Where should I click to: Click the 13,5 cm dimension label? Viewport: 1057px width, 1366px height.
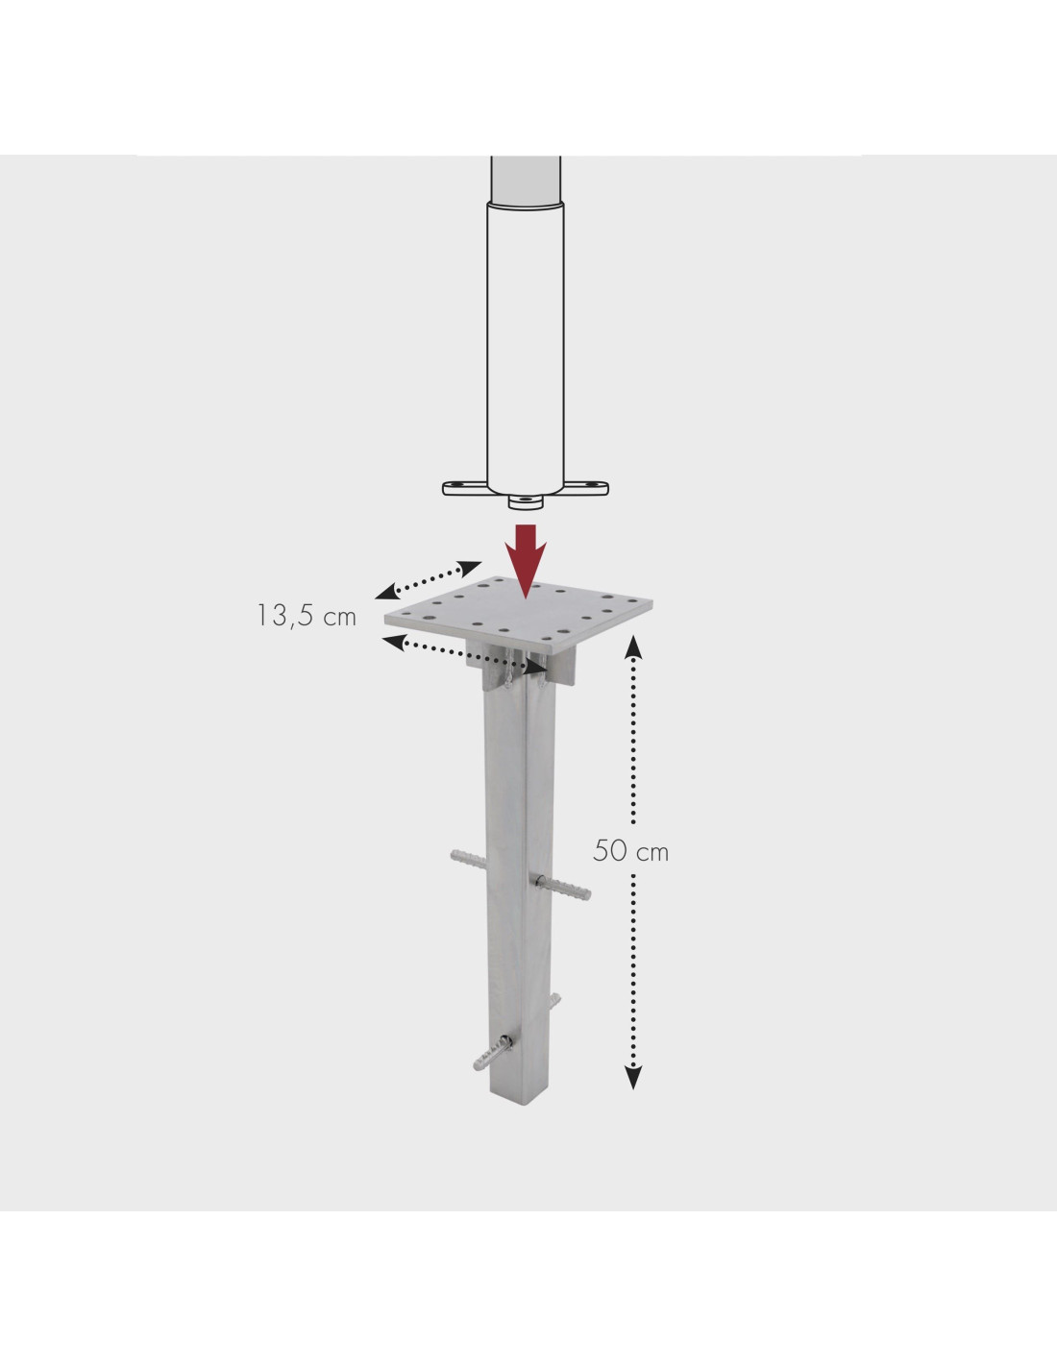[307, 616]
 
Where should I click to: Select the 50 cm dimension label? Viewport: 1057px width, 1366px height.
[630, 852]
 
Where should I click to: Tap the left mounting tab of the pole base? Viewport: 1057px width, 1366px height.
[465, 487]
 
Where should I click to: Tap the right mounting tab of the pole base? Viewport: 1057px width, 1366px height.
[586, 487]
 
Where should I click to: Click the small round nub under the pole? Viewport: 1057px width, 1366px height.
[526, 501]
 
